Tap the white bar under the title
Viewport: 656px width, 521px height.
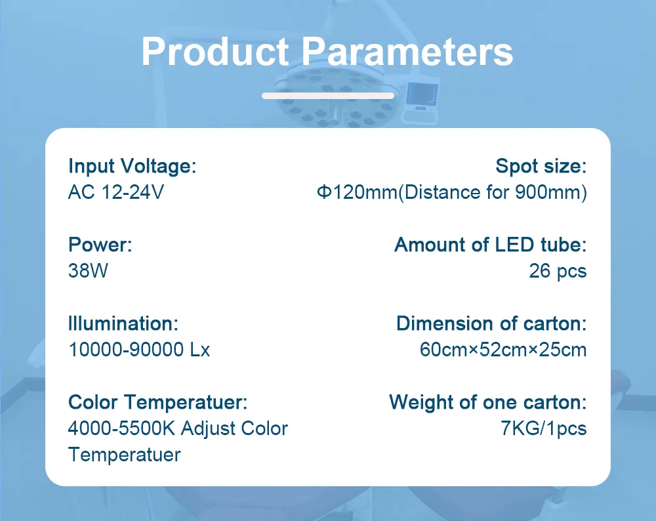click(328, 96)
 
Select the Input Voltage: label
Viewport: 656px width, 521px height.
click(132, 166)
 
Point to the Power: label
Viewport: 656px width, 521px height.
click(100, 245)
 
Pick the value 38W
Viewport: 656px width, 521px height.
click(88, 271)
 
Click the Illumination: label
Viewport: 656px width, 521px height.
click(123, 323)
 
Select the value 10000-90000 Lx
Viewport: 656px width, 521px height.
click(139, 350)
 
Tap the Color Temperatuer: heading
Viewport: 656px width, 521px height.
click(157, 402)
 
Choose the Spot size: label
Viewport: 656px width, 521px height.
click(541, 166)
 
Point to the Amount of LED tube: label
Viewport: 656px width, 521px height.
click(490, 245)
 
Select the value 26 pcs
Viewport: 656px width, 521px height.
click(558, 271)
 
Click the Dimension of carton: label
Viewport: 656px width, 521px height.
click(491, 323)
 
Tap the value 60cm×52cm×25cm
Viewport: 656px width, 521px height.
click(502, 350)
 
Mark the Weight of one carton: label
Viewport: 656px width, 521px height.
click(487, 402)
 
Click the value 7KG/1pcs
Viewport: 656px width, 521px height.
click(543, 428)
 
